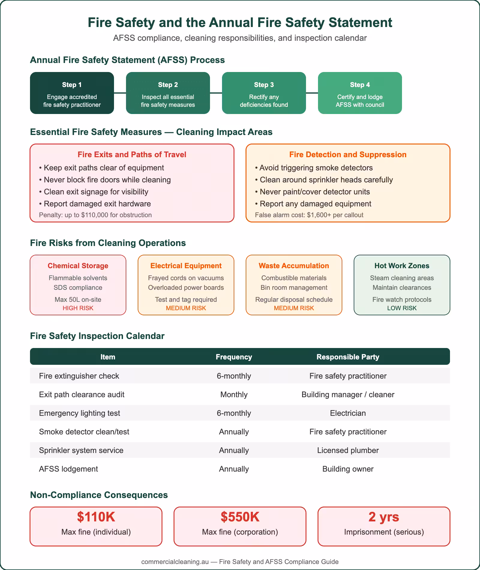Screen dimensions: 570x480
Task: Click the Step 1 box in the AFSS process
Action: point(72,93)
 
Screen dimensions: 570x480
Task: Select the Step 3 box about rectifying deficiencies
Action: point(264,93)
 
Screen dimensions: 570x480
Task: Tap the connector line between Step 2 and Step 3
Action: point(216,93)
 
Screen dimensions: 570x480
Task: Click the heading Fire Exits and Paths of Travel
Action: point(132,154)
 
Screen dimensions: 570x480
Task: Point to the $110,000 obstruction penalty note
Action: point(95,215)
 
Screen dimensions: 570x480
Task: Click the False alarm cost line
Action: point(309,215)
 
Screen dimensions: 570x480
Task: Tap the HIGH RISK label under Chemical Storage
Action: point(78,308)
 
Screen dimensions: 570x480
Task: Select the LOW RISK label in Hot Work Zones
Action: point(402,308)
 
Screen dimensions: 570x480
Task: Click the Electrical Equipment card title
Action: point(186,266)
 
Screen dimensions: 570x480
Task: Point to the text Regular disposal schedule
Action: point(294,299)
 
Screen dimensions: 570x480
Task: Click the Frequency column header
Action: point(234,357)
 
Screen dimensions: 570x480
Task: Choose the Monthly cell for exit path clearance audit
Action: point(234,394)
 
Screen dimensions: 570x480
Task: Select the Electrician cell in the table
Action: point(348,413)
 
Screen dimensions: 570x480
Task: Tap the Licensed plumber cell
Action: point(348,450)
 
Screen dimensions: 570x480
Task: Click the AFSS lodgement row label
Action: point(68,469)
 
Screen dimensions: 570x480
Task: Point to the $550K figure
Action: point(240,517)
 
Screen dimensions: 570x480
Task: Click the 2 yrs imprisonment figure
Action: point(384,517)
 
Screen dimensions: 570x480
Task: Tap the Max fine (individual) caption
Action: point(96,532)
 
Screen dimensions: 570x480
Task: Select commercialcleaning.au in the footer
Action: point(175,562)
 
